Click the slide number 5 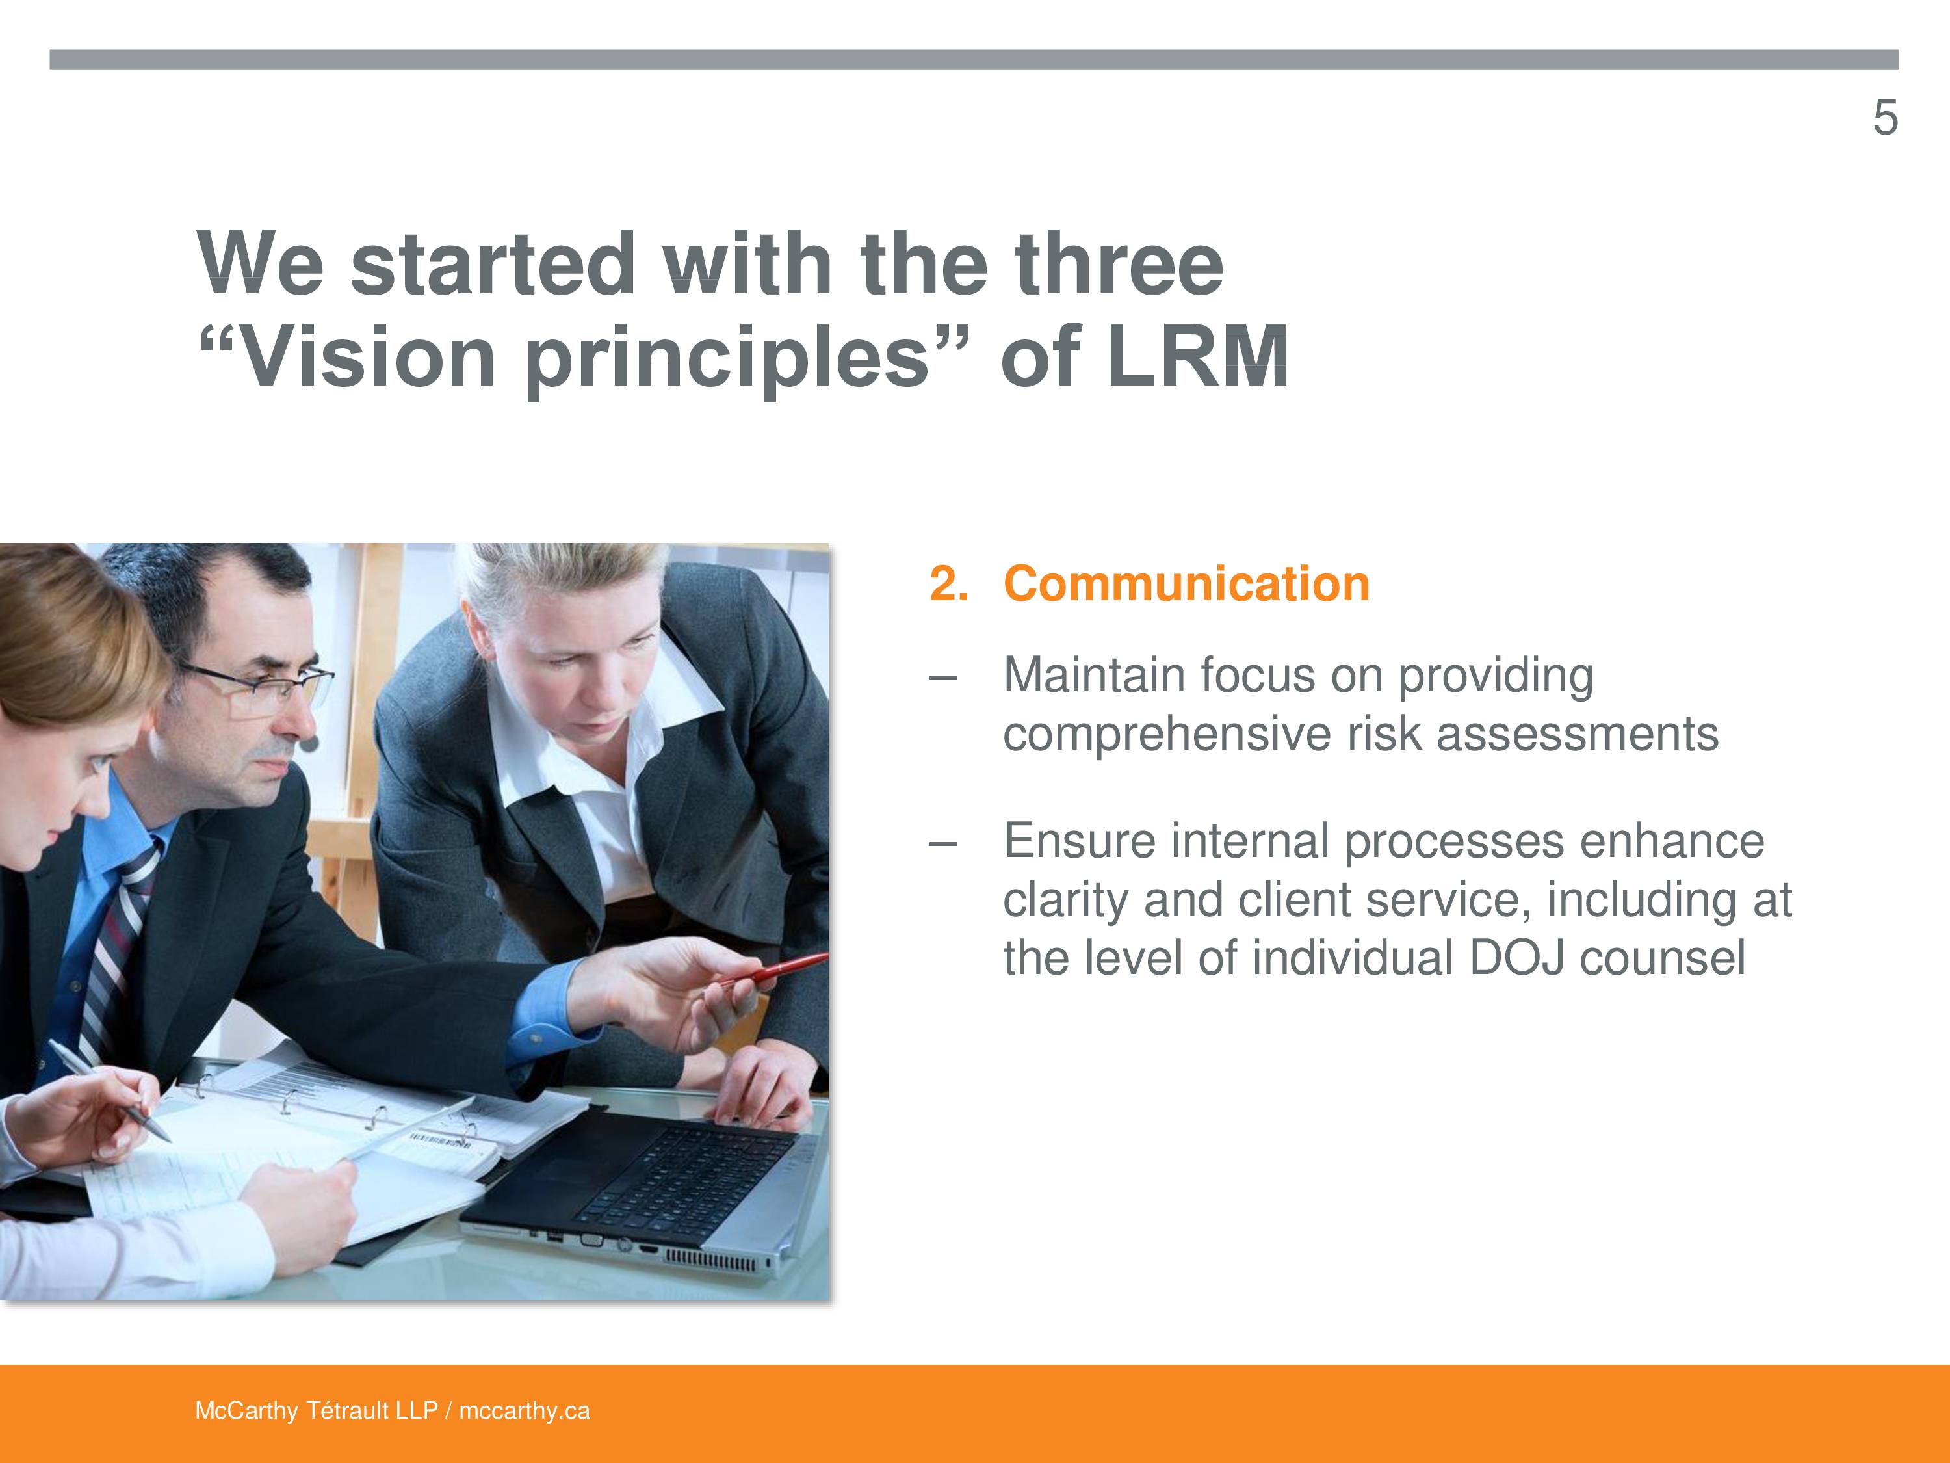[x=1885, y=118]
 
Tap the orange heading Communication [x=1186, y=584]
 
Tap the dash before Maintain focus [x=942, y=678]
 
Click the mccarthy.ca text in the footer [x=525, y=1411]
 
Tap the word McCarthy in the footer [x=247, y=1411]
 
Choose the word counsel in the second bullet [x=1662, y=958]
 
